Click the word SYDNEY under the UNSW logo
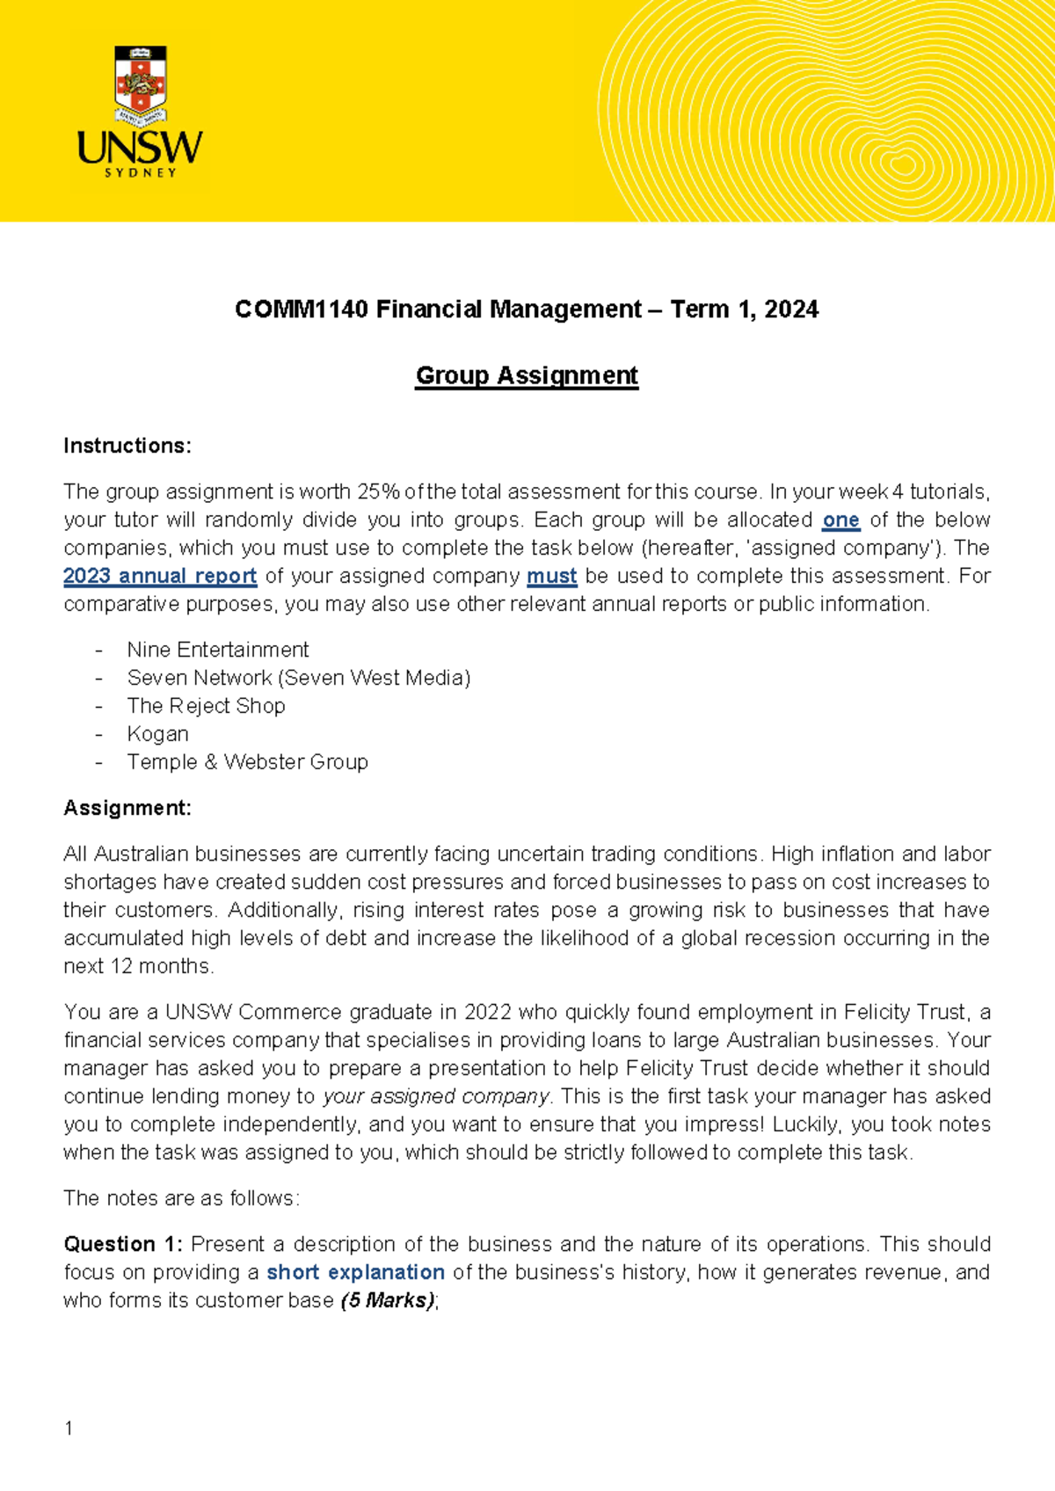141,173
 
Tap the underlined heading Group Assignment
527,375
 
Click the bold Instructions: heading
127,446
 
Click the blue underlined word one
840,520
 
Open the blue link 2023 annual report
160,576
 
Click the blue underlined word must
551,576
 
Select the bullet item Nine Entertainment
218,650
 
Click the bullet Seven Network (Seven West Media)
299,678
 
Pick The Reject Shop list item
206,706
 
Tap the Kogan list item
157,734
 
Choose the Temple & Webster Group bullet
247,762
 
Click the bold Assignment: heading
127,808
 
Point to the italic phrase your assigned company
436,1096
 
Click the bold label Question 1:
123,1244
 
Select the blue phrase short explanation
355,1272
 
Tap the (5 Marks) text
387,1300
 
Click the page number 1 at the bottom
69,1429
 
